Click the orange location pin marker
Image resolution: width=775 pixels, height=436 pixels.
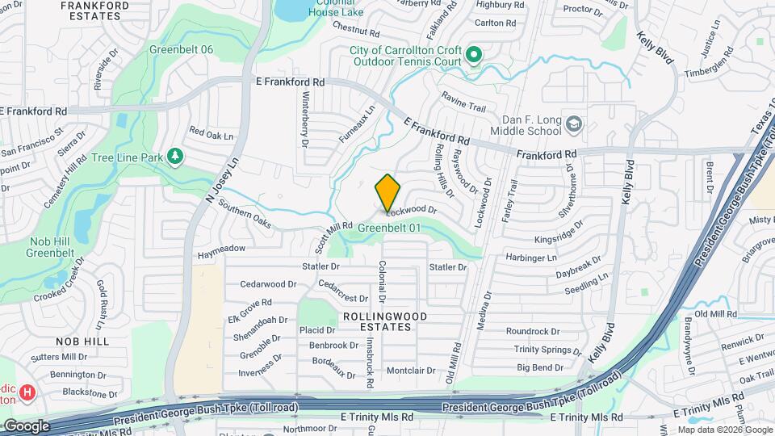coord(388,193)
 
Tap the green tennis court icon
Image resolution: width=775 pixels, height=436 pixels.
coord(474,55)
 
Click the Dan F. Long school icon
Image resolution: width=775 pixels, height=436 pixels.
coord(573,124)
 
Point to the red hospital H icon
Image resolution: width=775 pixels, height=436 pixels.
coord(27,393)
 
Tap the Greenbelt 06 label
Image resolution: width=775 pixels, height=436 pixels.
coord(182,49)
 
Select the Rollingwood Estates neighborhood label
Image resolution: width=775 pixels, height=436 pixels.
coord(384,321)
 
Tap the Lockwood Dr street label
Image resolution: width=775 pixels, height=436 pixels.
coord(411,210)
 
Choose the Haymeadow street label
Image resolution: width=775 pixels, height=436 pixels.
coord(221,249)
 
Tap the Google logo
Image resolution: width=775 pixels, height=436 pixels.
coord(26,426)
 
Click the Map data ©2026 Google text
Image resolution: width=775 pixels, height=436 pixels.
coord(724,430)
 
